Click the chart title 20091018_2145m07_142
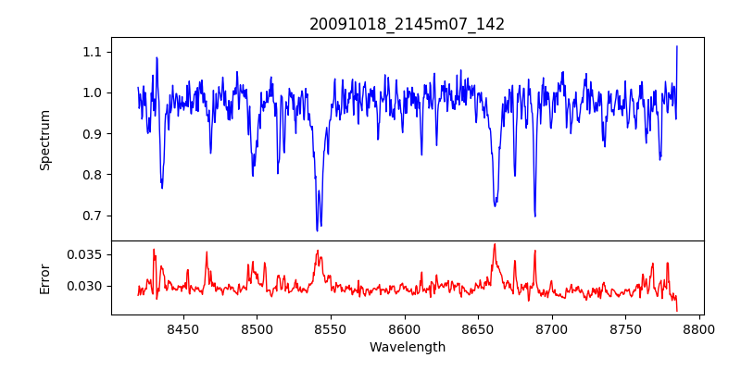point(407,24)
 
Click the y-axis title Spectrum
point(44,140)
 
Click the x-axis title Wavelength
point(407,348)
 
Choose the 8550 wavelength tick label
point(331,329)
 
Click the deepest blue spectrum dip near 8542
point(317,229)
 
